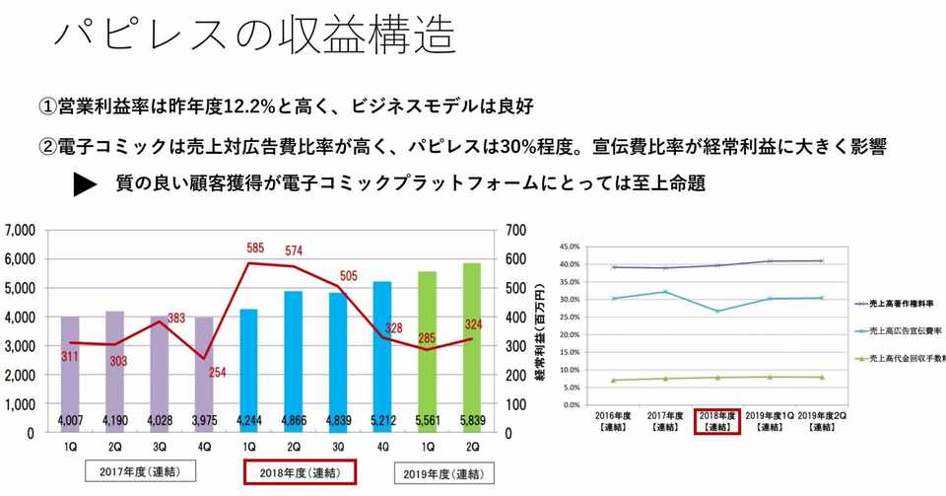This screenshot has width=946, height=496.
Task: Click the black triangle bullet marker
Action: click(x=86, y=184)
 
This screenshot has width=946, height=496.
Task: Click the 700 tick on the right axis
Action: click(x=514, y=231)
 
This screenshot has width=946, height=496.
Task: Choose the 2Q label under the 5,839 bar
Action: click(x=472, y=446)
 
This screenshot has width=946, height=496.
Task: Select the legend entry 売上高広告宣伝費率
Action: click(x=903, y=331)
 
